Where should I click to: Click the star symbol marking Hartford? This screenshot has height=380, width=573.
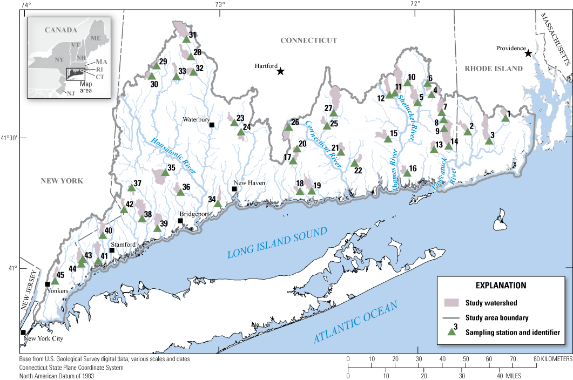[280, 71]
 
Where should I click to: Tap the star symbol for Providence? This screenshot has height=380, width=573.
[528, 53]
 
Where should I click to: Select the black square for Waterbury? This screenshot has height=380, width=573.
[212, 125]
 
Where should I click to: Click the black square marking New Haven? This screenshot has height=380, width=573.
[234, 189]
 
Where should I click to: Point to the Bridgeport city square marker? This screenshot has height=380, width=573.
[180, 221]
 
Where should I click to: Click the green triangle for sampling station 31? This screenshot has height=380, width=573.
[186, 39]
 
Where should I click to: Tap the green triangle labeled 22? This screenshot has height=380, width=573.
[355, 163]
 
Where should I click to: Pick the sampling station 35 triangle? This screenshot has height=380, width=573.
[165, 173]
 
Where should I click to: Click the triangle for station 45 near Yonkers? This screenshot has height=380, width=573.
[55, 281]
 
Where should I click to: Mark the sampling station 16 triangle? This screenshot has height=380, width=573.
[407, 173]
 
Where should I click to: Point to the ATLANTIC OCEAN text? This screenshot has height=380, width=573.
[355, 322]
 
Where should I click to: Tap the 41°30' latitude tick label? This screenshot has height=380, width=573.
[10, 138]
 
